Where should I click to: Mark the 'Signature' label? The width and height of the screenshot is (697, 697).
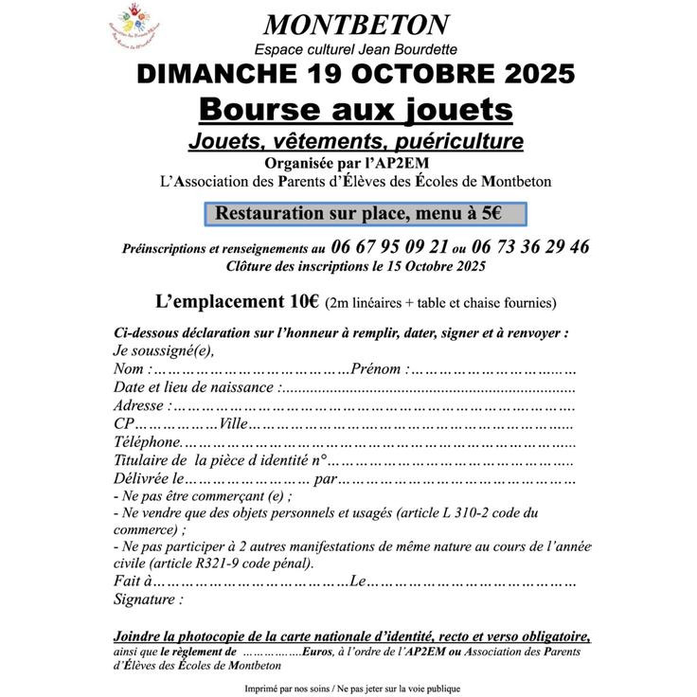[x=147, y=599]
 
